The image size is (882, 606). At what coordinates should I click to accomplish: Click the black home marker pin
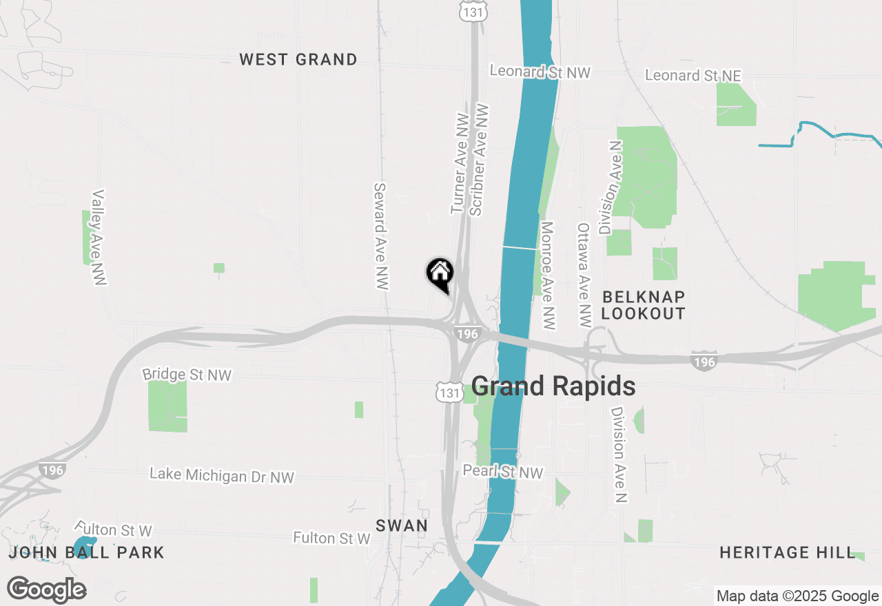point(440,274)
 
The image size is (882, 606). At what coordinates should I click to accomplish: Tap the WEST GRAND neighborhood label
point(298,60)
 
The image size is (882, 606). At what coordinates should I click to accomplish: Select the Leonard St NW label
point(540,72)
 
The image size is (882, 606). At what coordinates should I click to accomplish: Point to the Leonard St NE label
point(693,75)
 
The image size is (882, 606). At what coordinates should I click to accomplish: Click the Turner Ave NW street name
point(460,164)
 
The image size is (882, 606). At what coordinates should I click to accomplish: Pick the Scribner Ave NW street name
point(478,160)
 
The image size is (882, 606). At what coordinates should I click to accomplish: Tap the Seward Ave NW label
point(382,236)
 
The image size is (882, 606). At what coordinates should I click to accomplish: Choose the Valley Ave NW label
point(97,238)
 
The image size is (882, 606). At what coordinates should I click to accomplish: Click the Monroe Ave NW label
point(548,275)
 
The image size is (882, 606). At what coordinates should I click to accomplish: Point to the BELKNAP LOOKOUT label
point(644,305)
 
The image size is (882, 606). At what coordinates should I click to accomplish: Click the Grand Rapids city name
point(553,386)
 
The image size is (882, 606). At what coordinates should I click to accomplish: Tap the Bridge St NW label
point(187,375)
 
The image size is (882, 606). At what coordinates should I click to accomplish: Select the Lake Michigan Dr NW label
point(222,476)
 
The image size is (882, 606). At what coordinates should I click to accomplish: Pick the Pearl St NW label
point(502,472)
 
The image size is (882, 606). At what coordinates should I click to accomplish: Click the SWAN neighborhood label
point(402,525)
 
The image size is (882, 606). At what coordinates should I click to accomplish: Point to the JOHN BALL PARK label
point(87,552)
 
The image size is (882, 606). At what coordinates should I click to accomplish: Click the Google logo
point(47,589)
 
